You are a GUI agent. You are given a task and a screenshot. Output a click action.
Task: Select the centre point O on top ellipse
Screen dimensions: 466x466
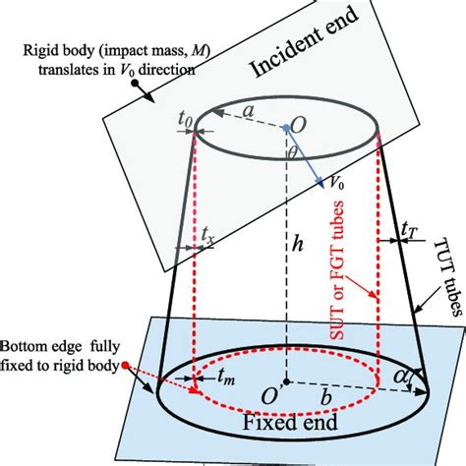pyautogui.click(x=286, y=128)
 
